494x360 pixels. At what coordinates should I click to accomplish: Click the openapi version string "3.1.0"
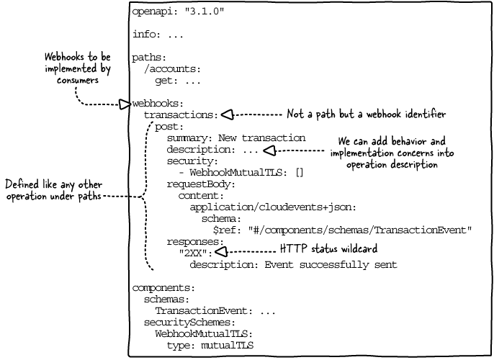click(x=205, y=12)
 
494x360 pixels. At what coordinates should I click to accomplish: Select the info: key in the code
click(x=146, y=34)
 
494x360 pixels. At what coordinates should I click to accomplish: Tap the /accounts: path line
click(x=172, y=69)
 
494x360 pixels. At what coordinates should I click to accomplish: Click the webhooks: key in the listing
click(x=158, y=103)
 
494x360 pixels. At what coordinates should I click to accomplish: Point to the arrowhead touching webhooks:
click(x=125, y=104)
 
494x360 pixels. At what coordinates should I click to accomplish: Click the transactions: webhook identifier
click(x=181, y=115)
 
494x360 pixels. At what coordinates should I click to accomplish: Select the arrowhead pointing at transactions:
click(x=227, y=114)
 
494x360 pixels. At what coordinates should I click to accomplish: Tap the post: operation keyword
click(x=169, y=127)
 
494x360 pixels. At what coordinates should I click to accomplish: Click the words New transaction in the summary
click(x=262, y=138)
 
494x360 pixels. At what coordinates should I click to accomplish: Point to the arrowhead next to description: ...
click(x=269, y=150)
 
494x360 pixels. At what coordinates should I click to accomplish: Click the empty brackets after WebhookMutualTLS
click(x=300, y=173)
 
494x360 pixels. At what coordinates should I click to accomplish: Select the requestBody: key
click(x=201, y=184)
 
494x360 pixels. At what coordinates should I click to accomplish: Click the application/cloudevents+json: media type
click(x=273, y=207)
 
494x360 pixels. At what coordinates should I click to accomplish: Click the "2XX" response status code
click(x=193, y=253)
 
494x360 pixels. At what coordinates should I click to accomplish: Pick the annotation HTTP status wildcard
click(x=328, y=248)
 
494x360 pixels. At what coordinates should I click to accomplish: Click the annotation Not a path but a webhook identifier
click(x=366, y=114)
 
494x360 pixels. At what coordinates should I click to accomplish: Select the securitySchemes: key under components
click(x=189, y=323)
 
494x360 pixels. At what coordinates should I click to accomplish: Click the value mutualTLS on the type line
click(x=227, y=346)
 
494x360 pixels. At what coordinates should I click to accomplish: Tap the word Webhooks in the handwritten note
click(x=64, y=57)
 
